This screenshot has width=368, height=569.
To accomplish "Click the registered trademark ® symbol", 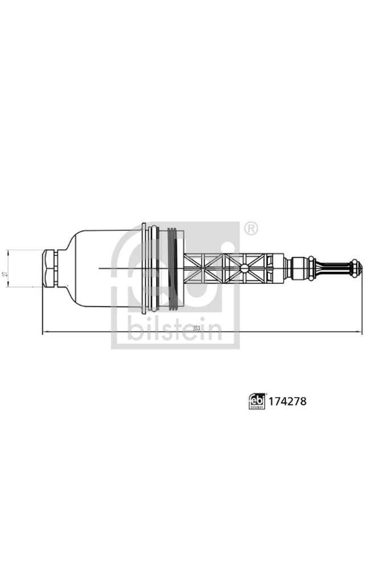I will tap(250, 229).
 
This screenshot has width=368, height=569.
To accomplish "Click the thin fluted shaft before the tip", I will tap(336, 267).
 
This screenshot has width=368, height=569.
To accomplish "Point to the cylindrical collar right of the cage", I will tap(298, 267).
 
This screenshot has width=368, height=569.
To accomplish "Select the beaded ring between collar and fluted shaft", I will tap(314, 267).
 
